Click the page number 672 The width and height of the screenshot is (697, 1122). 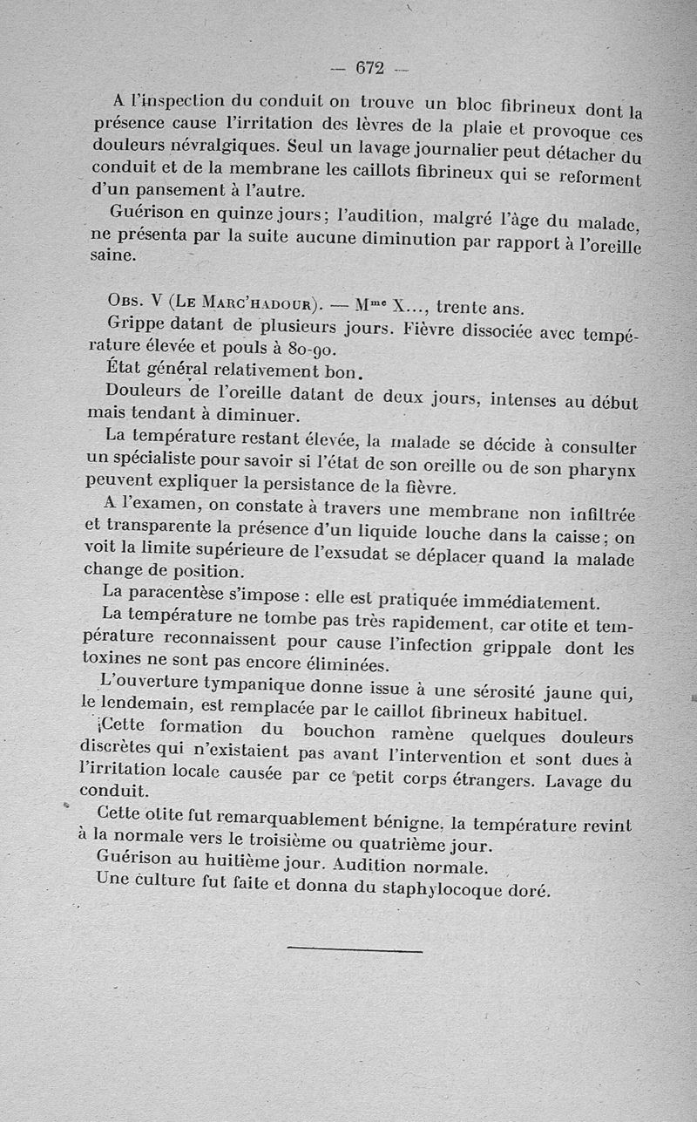[370, 67]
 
